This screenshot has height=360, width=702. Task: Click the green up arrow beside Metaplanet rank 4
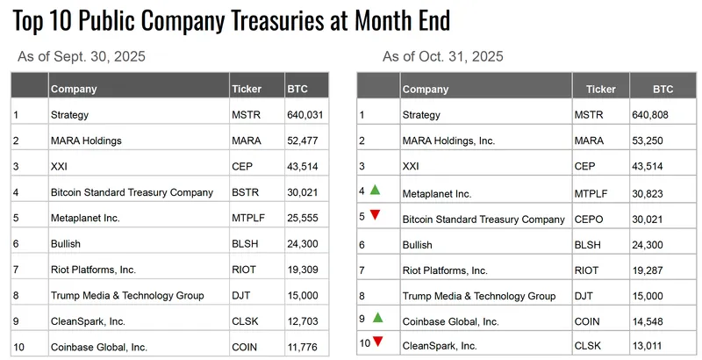pyautogui.click(x=375, y=189)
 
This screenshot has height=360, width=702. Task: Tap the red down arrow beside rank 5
pyautogui.click(x=375, y=215)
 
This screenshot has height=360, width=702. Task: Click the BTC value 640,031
pyautogui.click(x=305, y=114)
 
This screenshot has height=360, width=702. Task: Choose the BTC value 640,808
pyautogui.click(x=650, y=114)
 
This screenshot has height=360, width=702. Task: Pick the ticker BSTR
pyautogui.click(x=245, y=192)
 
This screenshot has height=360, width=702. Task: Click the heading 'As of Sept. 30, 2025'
pyautogui.click(x=82, y=57)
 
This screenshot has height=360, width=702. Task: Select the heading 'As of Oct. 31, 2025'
pyautogui.click(x=443, y=57)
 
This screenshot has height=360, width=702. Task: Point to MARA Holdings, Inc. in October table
pyautogui.click(x=448, y=140)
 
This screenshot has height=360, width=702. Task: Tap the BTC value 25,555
pyautogui.click(x=303, y=219)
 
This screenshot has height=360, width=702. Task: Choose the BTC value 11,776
pyautogui.click(x=303, y=348)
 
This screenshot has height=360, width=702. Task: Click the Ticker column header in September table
pyautogui.click(x=247, y=89)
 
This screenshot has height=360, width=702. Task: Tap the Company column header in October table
pyautogui.click(x=425, y=89)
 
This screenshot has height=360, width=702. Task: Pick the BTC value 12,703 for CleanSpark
pyautogui.click(x=303, y=322)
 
